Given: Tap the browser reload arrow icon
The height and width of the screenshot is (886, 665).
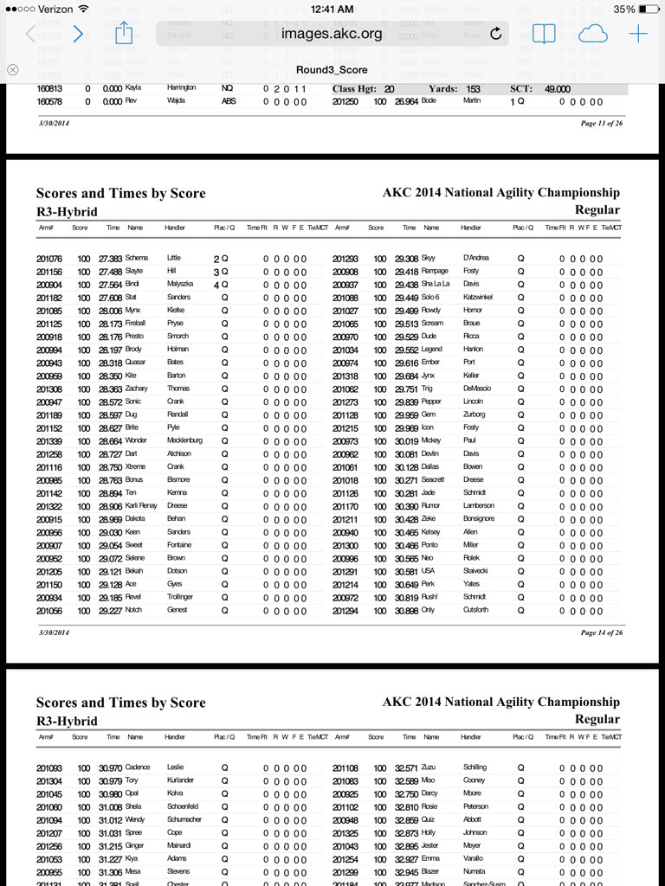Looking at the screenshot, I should pos(495,34).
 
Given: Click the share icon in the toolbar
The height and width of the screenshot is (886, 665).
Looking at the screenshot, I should pos(123,34).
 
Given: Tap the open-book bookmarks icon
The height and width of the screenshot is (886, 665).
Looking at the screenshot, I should pos(544,34).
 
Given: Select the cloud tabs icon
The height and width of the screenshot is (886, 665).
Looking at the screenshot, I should pos(592,34).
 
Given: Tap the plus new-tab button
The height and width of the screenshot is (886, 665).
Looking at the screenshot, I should pos(638,34).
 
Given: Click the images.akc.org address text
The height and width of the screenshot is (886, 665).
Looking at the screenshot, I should pos(332,34).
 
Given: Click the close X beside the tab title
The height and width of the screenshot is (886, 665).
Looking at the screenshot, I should pos(12,69).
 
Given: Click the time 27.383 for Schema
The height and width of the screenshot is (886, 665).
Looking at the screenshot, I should pos(111,259).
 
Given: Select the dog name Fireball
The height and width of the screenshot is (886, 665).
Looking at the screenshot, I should pos(139,324).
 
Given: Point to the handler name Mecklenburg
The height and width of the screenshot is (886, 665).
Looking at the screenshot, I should pos(184,440).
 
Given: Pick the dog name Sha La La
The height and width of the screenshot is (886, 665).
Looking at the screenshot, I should pos(437,285).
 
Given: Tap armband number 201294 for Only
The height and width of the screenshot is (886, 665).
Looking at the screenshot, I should pos(345,610).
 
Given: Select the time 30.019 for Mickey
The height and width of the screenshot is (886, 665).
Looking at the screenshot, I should pos(407,440).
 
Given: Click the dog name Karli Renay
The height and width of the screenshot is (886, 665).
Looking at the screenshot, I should pos(143,505).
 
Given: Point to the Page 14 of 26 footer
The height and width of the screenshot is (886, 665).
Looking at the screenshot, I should pos(599,632).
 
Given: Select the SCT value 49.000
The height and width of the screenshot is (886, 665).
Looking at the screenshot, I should pos(558,89).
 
